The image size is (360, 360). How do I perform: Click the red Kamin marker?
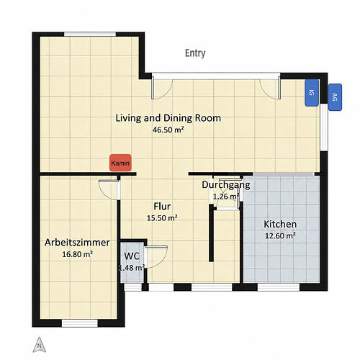tap(120, 163)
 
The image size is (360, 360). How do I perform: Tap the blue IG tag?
tap(312, 93)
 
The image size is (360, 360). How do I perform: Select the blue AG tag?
tap(335, 97)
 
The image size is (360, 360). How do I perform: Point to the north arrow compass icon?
tap(40, 345)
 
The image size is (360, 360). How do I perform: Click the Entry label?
tap(195, 53)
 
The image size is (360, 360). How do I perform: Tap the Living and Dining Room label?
tap(168, 118)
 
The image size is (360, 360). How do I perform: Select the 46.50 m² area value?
tap(168, 130)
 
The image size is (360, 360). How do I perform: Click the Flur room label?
tap(162, 206)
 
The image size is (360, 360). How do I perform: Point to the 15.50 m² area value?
tap(162, 218)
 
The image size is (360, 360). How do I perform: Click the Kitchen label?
tap(280, 224)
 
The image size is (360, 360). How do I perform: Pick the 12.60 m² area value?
tap(280, 235)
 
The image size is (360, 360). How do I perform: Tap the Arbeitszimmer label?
tap(77, 243)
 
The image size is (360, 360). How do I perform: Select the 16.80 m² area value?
tap(78, 254)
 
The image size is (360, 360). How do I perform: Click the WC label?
tap(132, 256)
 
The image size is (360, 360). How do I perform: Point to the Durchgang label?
tap(226, 185)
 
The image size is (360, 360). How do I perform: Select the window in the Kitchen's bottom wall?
tap(279, 287)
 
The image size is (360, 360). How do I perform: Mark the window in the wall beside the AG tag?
tap(324, 127)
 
